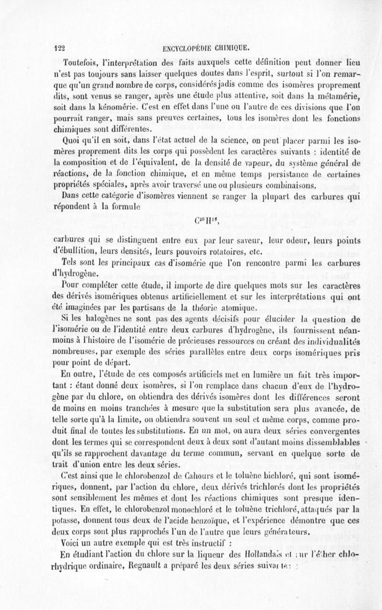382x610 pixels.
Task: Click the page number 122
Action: click(x=59, y=47)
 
